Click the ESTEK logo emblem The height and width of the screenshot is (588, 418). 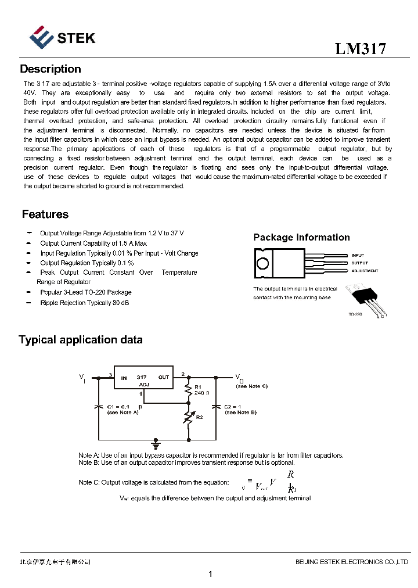pos(42,37)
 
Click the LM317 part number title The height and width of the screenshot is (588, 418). pos(361,49)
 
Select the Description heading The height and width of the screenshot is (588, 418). pos(51,69)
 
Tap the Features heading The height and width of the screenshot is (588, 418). pos(45,214)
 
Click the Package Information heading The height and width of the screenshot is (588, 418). pos(301,237)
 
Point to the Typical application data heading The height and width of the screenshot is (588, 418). pos(81,340)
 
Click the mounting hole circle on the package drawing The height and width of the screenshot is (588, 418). pos(262,263)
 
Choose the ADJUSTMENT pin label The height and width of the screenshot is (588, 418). pos(365,271)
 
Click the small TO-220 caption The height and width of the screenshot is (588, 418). pos(355,314)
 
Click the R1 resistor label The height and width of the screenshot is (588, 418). pos(198,386)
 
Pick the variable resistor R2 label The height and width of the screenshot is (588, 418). pos(200,417)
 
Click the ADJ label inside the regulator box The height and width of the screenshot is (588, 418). pos(144,385)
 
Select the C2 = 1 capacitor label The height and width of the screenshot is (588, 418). pos(235,406)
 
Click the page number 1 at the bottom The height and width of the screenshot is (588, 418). pos(210,575)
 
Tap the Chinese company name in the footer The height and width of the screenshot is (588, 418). pos(55,562)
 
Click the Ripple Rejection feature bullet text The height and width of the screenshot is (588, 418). pos(85,303)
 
